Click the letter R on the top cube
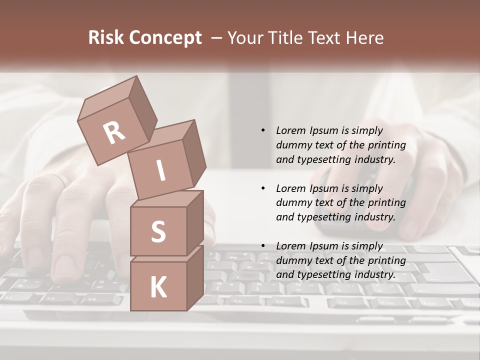(114, 132)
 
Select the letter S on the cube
(158, 231)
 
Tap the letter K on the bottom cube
(158, 287)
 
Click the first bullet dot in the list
(263, 130)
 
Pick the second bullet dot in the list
(263, 188)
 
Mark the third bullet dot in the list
(263, 246)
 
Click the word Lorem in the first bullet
(290, 130)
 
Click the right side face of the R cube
(140, 111)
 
